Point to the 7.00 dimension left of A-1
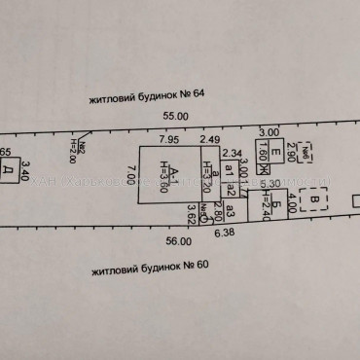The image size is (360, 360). click(129, 183)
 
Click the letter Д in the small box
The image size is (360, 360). click(7, 170)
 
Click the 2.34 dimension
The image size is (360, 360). click(232, 153)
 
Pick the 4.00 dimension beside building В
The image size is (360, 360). click(290, 203)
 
